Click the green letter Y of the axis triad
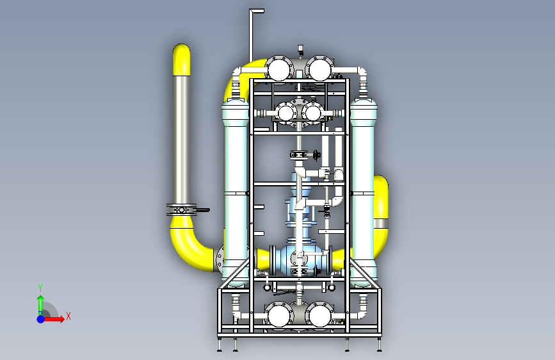pos(40,288)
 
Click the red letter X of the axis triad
pos(68,316)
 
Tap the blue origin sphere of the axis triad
pos(41,319)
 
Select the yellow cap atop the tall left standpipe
pos(182,60)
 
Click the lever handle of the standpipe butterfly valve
pos(203,210)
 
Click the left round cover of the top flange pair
pos(279,69)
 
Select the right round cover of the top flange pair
pos(319,69)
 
